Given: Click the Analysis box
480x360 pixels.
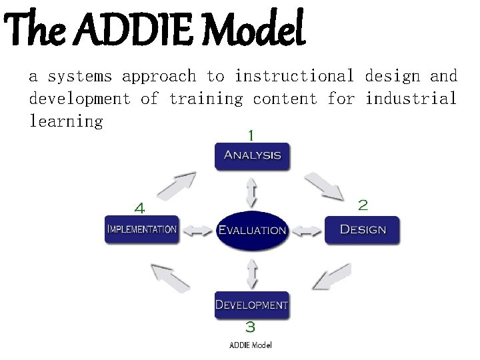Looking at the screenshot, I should click(252, 156).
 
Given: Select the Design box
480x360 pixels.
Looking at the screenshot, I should click(362, 230).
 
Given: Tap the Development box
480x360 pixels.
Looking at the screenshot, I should click(251, 305).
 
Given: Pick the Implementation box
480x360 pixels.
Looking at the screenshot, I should click(142, 229).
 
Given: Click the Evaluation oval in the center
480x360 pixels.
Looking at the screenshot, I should click(252, 231).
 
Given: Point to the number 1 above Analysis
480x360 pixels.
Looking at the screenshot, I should click(251, 135).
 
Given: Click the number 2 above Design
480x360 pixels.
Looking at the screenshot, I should click(363, 204).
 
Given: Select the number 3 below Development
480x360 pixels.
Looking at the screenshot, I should click(250, 327).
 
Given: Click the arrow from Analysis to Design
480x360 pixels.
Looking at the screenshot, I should click(324, 185).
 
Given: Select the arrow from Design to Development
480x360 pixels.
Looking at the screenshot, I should click(331, 276).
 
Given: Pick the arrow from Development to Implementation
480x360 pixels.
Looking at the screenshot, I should click(170, 277).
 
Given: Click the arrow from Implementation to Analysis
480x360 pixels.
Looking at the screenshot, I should click(177, 185).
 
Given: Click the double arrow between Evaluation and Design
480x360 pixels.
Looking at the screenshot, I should click(307, 231).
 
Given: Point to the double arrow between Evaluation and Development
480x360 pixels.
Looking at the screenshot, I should click(251, 272).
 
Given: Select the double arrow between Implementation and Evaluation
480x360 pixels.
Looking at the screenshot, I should click(197, 231).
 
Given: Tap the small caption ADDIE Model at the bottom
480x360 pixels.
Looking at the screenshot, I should click(251, 345).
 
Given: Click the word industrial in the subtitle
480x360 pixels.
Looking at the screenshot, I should click(411, 99).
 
